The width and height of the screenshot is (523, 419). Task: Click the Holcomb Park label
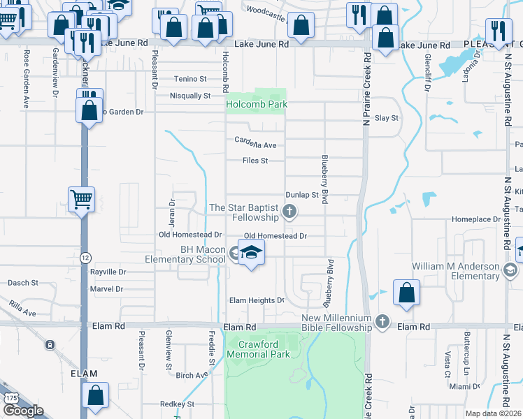(x=256, y=105)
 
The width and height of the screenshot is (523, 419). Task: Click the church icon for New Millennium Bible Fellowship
(x=382, y=322)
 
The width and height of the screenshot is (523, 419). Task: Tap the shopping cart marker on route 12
(x=81, y=200)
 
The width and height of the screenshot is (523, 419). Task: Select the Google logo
(x=23, y=411)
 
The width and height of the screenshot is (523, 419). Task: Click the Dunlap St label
(x=302, y=195)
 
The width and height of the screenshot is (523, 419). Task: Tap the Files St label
(x=255, y=161)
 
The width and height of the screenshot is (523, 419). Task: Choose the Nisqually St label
(x=190, y=96)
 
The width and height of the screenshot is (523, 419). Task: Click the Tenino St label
(x=191, y=79)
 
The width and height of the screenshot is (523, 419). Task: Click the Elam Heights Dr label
(x=257, y=301)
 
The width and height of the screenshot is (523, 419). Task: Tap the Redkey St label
(x=176, y=404)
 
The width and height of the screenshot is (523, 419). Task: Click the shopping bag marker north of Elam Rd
(x=406, y=293)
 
